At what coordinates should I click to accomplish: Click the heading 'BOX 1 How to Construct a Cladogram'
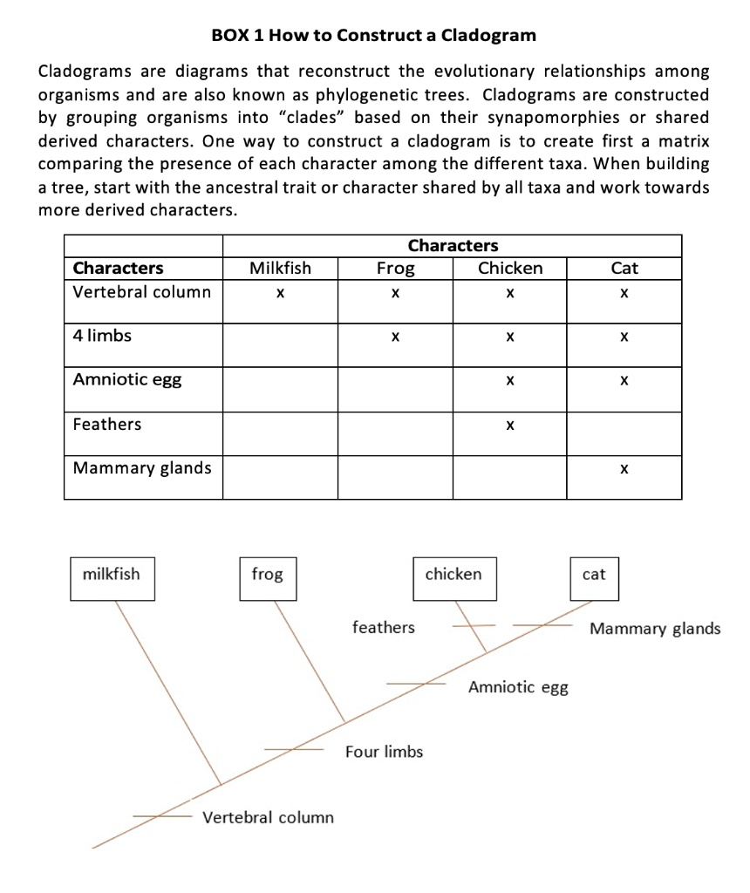[x=374, y=36]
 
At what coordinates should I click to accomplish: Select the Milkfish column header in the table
[x=280, y=269]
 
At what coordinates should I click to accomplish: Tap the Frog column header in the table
[x=395, y=269]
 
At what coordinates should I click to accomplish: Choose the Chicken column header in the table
[x=510, y=269]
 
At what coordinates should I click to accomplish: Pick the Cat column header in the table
[x=624, y=269]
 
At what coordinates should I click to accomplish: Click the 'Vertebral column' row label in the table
[x=142, y=292]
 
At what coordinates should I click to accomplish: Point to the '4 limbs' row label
[x=103, y=336]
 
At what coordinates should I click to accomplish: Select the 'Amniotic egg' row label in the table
[x=127, y=379]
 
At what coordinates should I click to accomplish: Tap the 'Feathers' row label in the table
[x=107, y=425]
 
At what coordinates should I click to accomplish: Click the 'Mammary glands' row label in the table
[x=142, y=468]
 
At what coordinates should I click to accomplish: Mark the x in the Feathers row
[x=509, y=426]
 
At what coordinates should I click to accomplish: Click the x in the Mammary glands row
[x=624, y=470]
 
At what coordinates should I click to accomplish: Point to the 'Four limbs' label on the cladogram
[x=384, y=752]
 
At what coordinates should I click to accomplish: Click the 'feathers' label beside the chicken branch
[x=384, y=627]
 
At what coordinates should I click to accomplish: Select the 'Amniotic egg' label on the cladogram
[x=518, y=687]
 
